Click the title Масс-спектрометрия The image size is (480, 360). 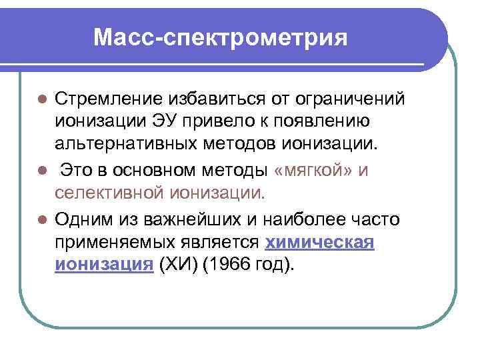(x=221, y=37)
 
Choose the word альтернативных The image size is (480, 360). (x=119, y=146)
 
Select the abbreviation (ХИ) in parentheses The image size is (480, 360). (x=175, y=265)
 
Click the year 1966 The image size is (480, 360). (x=225, y=265)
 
